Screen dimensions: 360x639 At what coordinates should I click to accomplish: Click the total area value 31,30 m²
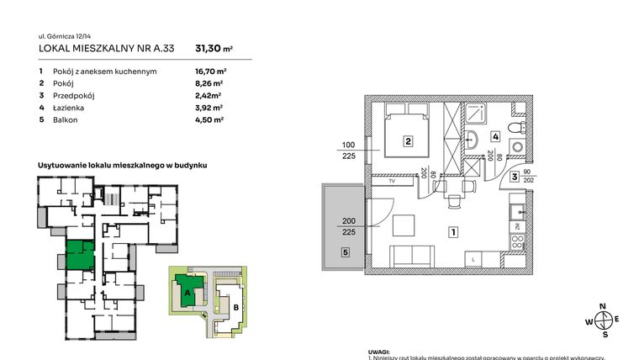point(214,49)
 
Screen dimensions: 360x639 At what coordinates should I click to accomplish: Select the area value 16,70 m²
point(210,71)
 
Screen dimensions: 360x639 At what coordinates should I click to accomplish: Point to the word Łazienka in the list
point(69,108)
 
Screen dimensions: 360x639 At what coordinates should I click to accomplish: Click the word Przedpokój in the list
point(72,96)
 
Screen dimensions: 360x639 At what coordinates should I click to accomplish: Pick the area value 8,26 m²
point(209,84)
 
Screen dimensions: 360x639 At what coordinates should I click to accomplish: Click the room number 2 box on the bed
point(407,142)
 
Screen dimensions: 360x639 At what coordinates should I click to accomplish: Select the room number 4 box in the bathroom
point(496,135)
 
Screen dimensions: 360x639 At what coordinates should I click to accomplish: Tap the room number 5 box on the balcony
point(345,251)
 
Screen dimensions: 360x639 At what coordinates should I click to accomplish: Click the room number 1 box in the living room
point(452,231)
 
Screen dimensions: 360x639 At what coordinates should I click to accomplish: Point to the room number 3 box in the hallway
point(513,177)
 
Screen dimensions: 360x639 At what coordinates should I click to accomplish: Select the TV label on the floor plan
point(391,180)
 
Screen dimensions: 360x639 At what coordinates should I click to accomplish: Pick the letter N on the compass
point(602,306)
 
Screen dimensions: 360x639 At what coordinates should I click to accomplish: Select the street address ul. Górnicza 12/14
point(67,36)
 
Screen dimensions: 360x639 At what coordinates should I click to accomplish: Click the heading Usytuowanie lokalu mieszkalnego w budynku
point(122,166)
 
